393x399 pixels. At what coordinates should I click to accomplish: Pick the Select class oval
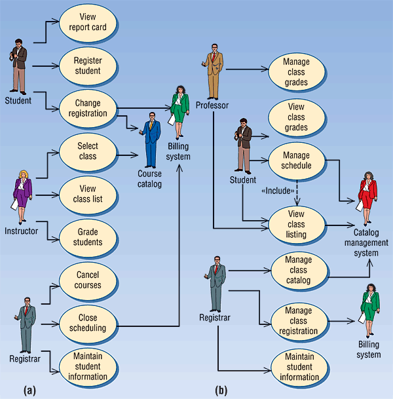pos(87,152)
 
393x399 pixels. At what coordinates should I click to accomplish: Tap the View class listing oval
pos(296,224)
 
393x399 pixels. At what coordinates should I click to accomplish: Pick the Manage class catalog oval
pos(299,270)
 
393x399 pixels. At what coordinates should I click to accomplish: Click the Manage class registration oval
pos(299,321)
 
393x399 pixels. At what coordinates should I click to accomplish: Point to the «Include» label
pos(278,190)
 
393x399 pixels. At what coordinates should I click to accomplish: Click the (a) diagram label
pos(29,390)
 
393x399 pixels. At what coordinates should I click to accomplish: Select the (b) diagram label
pos(221,390)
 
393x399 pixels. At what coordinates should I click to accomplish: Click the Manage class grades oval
pos(296,72)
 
